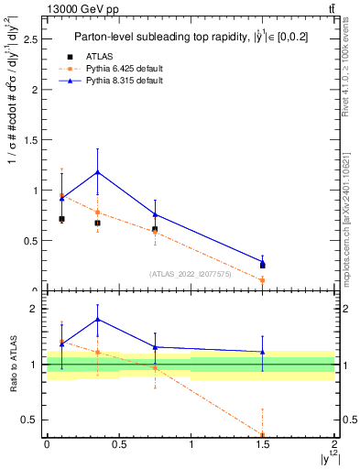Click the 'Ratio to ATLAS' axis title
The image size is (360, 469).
point(12,365)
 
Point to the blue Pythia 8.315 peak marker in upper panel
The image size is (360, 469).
point(97,172)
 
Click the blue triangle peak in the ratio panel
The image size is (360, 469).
point(97,320)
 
